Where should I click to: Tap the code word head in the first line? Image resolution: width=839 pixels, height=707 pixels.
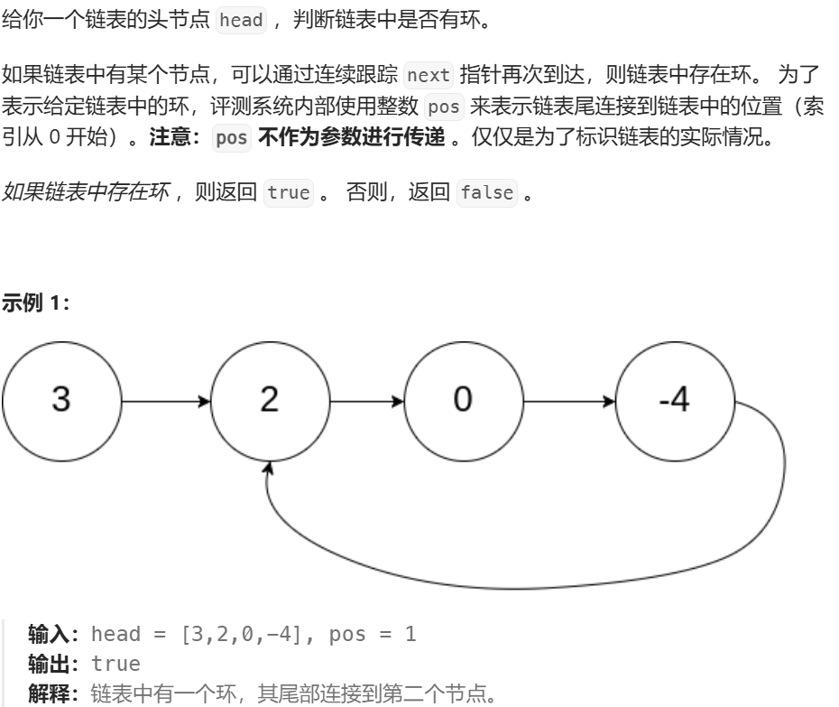coord(242,20)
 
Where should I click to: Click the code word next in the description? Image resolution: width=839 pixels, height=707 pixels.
coord(429,74)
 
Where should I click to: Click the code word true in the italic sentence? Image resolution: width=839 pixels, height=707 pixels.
coord(289,192)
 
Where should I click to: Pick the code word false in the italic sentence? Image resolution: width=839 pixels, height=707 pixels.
coord(486,192)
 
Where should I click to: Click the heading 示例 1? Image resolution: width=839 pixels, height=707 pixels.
coord(36,302)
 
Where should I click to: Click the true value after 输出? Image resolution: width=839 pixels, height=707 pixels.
coord(116,665)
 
